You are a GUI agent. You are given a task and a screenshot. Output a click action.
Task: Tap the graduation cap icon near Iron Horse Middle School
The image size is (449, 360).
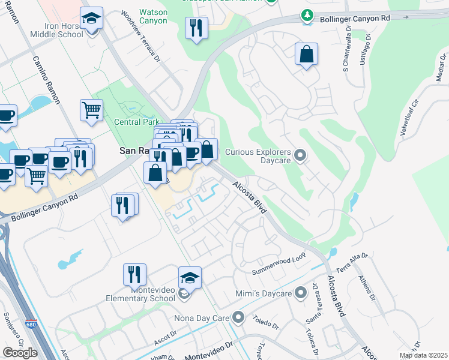point(91,19)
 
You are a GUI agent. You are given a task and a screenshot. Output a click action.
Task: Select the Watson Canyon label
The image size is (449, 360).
point(153,17)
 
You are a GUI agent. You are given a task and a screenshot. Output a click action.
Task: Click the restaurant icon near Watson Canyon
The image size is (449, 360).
point(196,28)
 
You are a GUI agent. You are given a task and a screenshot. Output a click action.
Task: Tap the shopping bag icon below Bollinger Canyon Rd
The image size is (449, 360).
point(306,54)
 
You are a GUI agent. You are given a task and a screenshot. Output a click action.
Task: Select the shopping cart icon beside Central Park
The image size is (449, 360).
point(91,110)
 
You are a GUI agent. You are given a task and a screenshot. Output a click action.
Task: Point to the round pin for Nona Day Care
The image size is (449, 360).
point(239,316)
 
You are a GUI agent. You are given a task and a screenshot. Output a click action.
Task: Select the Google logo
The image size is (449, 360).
point(20,353)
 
